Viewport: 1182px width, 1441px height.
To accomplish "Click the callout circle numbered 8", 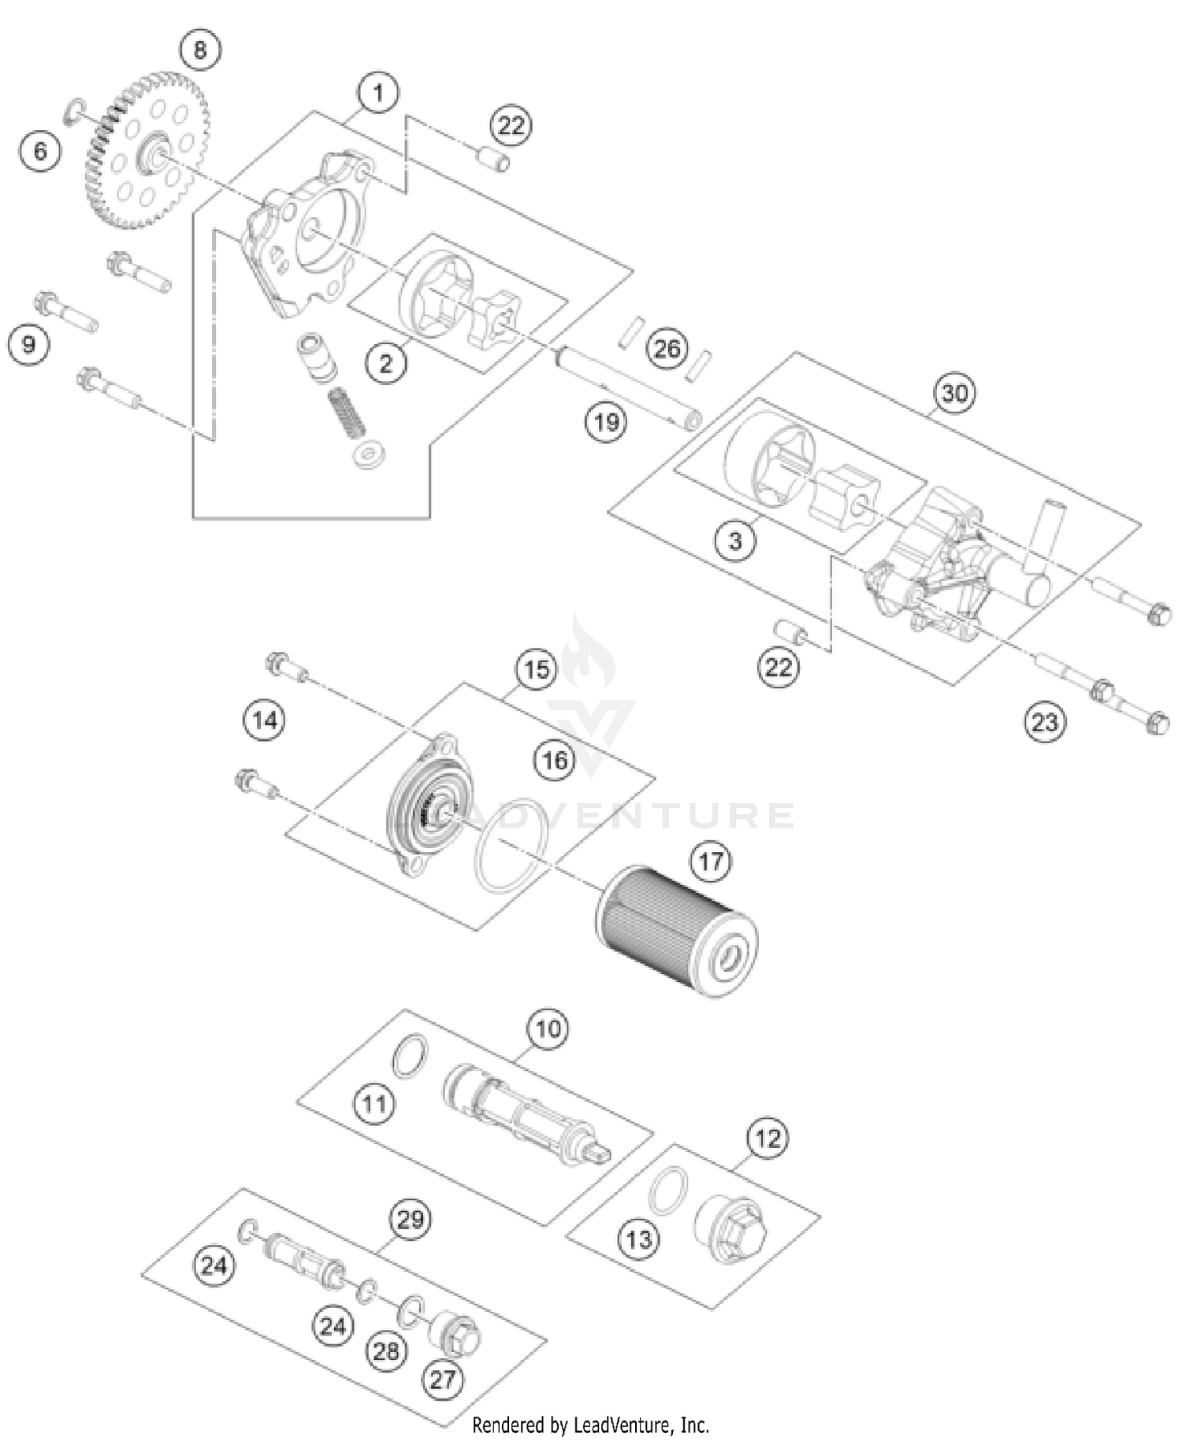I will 199,50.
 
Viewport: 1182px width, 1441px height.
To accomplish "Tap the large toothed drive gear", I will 146,151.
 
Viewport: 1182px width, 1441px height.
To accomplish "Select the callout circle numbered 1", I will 378,93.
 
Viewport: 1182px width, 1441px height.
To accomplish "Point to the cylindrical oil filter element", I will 675,931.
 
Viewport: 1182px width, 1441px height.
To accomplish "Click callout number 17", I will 711,861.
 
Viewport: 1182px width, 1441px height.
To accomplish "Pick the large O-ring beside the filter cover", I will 508,844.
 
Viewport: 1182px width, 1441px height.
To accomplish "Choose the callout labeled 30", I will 954,392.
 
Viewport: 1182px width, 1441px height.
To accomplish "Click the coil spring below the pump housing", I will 347,411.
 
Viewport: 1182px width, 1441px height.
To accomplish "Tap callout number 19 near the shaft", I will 606,423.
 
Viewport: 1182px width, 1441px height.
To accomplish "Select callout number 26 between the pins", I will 667,349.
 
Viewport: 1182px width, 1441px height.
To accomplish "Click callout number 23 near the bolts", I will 1045,721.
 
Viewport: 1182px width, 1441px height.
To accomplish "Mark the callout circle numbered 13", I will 638,1239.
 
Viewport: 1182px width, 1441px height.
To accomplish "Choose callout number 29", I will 410,1220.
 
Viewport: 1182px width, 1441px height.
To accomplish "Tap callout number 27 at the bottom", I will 443,1379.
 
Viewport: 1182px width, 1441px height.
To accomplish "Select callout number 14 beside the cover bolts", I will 265,720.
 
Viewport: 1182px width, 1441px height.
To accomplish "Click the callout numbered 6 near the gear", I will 40,150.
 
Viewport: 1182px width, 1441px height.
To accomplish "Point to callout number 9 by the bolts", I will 29,345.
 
